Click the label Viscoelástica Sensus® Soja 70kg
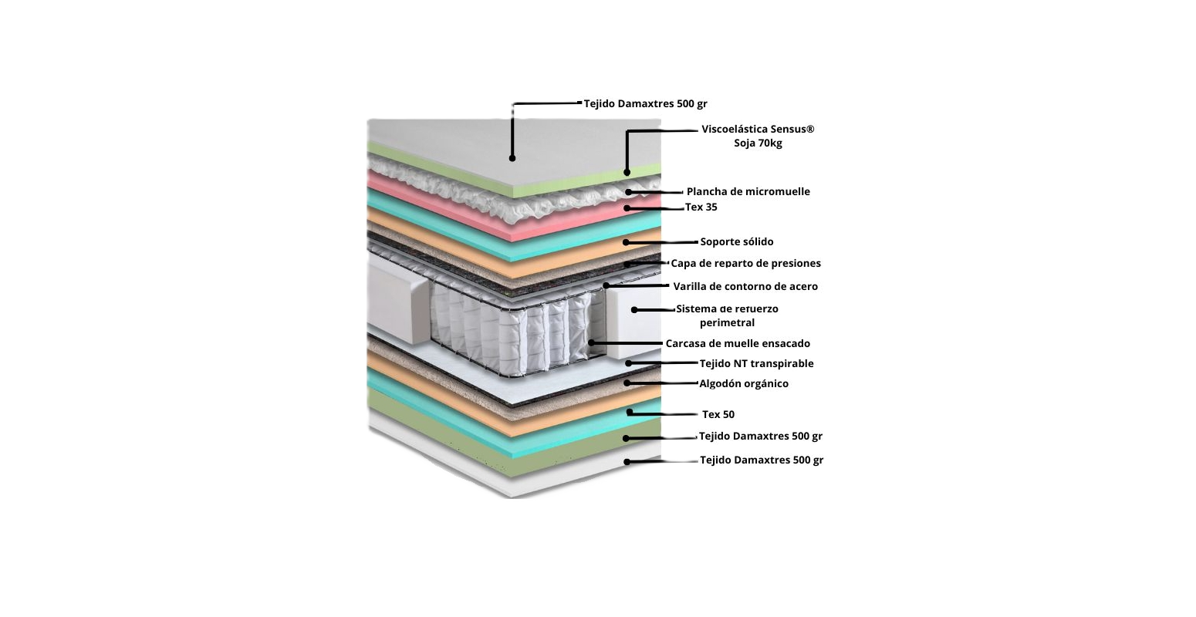757,136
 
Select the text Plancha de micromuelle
748,191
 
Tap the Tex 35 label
701,207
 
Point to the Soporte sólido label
736,241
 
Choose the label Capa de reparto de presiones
745,263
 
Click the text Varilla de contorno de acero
745,286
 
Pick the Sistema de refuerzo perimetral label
727,315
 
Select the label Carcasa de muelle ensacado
738,343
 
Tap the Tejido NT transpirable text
756,363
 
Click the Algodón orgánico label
743,383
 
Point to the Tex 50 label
718,414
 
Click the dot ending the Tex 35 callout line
627,208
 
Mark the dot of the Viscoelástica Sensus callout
627,172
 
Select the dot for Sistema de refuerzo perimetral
634,310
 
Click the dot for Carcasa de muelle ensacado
591,342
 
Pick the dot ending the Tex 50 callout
630,413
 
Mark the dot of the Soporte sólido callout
627,242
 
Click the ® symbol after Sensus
809,128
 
